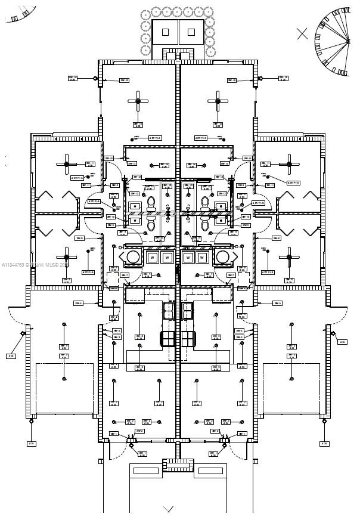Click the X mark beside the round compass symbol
point(303,33)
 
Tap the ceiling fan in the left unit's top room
point(138,101)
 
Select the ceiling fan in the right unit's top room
point(218,101)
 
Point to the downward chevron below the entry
point(169,509)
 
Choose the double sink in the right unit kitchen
point(188,310)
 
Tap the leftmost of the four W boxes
point(152,258)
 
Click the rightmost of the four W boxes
point(203,258)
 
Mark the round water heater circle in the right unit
point(224,257)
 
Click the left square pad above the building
point(166,32)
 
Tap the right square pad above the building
point(191,32)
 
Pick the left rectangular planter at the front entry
point(145,471)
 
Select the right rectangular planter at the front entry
point(211,471)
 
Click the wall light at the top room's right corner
point(260,78)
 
